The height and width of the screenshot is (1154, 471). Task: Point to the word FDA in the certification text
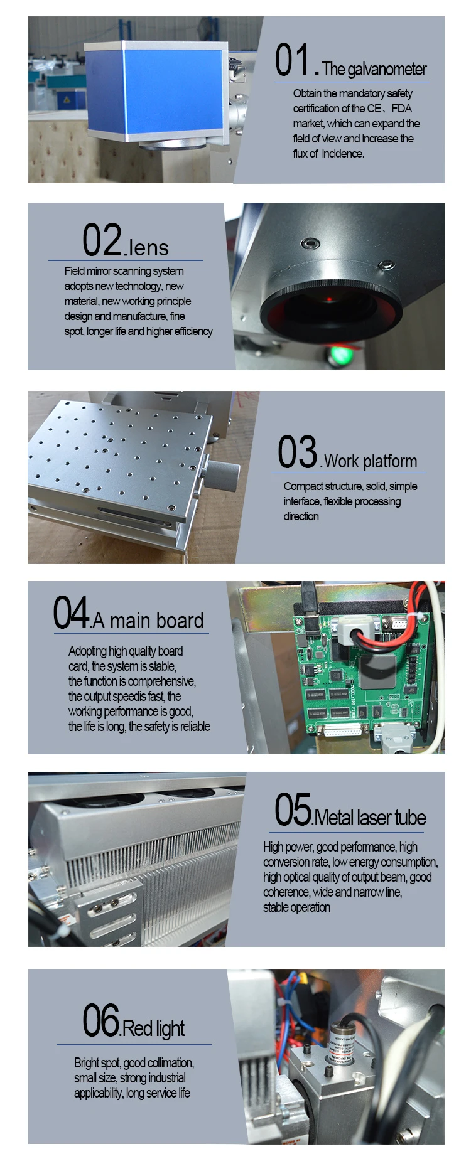[401, 109]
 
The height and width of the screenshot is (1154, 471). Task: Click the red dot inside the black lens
[330, 299]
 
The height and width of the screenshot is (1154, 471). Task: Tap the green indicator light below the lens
[341, 355]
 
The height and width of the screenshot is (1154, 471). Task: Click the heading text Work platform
[371, 461]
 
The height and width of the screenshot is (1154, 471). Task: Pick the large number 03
[298, 452]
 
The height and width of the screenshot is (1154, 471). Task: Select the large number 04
[70, 612]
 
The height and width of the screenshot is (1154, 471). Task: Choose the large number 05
[293, 809]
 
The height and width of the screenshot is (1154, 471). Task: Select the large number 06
[101, 1021]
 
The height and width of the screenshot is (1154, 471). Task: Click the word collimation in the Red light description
[171, 1063]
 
